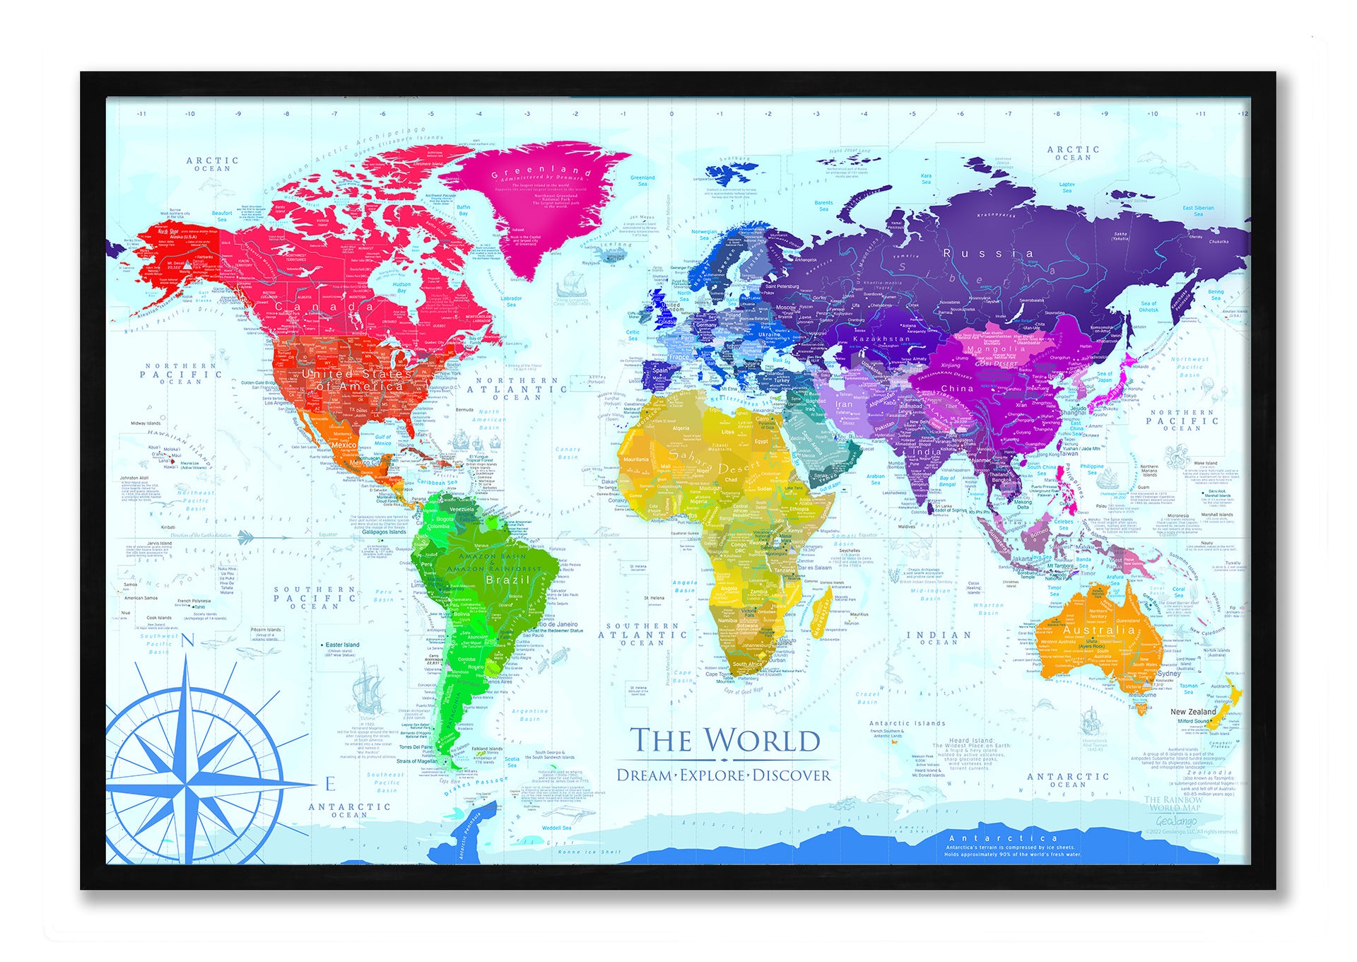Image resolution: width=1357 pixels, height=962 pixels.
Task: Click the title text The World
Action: pos(724,741)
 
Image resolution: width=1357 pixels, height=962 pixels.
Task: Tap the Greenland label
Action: pos(541,170)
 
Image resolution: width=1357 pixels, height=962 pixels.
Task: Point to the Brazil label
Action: pos(507,580)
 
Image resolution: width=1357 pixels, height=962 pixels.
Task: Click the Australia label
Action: pos(1098,630)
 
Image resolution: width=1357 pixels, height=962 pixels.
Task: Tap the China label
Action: pos(957,388)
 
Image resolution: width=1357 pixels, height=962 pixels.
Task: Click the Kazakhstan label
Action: pos(881,339)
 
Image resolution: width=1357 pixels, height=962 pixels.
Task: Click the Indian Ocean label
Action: pos(939,638)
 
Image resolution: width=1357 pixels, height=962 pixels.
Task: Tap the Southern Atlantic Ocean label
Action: pos(642,634)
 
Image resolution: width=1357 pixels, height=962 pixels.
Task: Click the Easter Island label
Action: pos(342,645)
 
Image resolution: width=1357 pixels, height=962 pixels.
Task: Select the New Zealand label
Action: pos(1193,712)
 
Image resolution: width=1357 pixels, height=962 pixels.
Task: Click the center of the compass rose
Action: pos(186,785)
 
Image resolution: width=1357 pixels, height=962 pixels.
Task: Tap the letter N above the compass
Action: pos(187,641)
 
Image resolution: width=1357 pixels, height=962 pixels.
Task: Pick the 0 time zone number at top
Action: pos(671,113)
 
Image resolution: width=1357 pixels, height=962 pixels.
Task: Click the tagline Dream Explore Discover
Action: pos(724,775)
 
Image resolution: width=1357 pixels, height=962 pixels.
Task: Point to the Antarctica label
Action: pos(1003,838)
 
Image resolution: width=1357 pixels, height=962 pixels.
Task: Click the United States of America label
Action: pos(357,380)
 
